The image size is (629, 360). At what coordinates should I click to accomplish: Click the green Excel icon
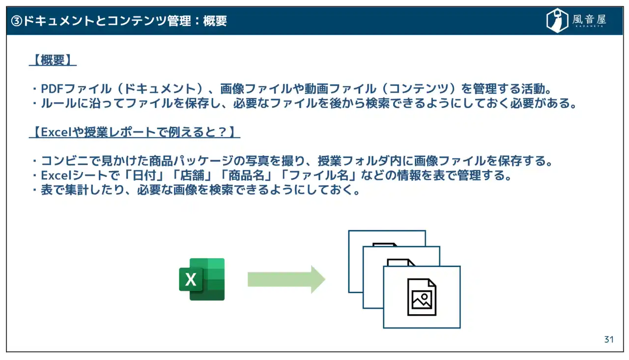coord(202,279)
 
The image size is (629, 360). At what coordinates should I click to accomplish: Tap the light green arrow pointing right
coord(286,279)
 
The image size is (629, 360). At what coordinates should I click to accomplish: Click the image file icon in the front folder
coord(422,297)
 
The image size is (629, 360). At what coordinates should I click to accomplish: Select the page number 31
coord(609,339)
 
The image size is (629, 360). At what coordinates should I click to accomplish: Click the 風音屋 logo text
coord(589,20)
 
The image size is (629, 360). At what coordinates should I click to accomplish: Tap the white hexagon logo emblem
coord(557,21)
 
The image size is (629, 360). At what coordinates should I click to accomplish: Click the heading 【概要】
coord(53,60)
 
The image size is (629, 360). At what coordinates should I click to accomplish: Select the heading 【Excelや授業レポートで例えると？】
coord(134,132)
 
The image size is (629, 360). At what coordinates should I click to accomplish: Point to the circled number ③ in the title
coord(17,21)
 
